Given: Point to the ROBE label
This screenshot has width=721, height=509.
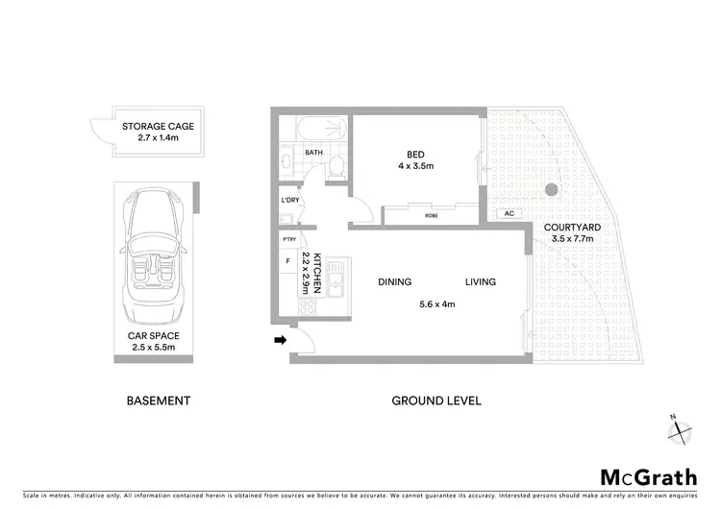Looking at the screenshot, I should click(x=431, y=216).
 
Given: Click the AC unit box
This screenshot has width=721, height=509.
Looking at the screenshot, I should click(x=508, y=214).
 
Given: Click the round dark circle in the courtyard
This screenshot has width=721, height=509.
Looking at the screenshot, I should click(x=551, y=189).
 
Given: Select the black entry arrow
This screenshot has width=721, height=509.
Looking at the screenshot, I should click(x=280, y=339).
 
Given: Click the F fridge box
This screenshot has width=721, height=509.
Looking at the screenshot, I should click(x=288, y=261).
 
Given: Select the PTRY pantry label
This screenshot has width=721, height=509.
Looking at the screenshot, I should click(x=288, y=239).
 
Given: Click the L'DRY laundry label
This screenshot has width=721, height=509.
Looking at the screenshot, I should click(x=290, y=200).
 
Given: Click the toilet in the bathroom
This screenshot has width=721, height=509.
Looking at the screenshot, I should click(x=334, y=166).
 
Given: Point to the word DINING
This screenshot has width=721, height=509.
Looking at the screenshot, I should click(x=395, y=282).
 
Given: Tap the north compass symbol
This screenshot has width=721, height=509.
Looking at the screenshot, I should click(x=681, y=430).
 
